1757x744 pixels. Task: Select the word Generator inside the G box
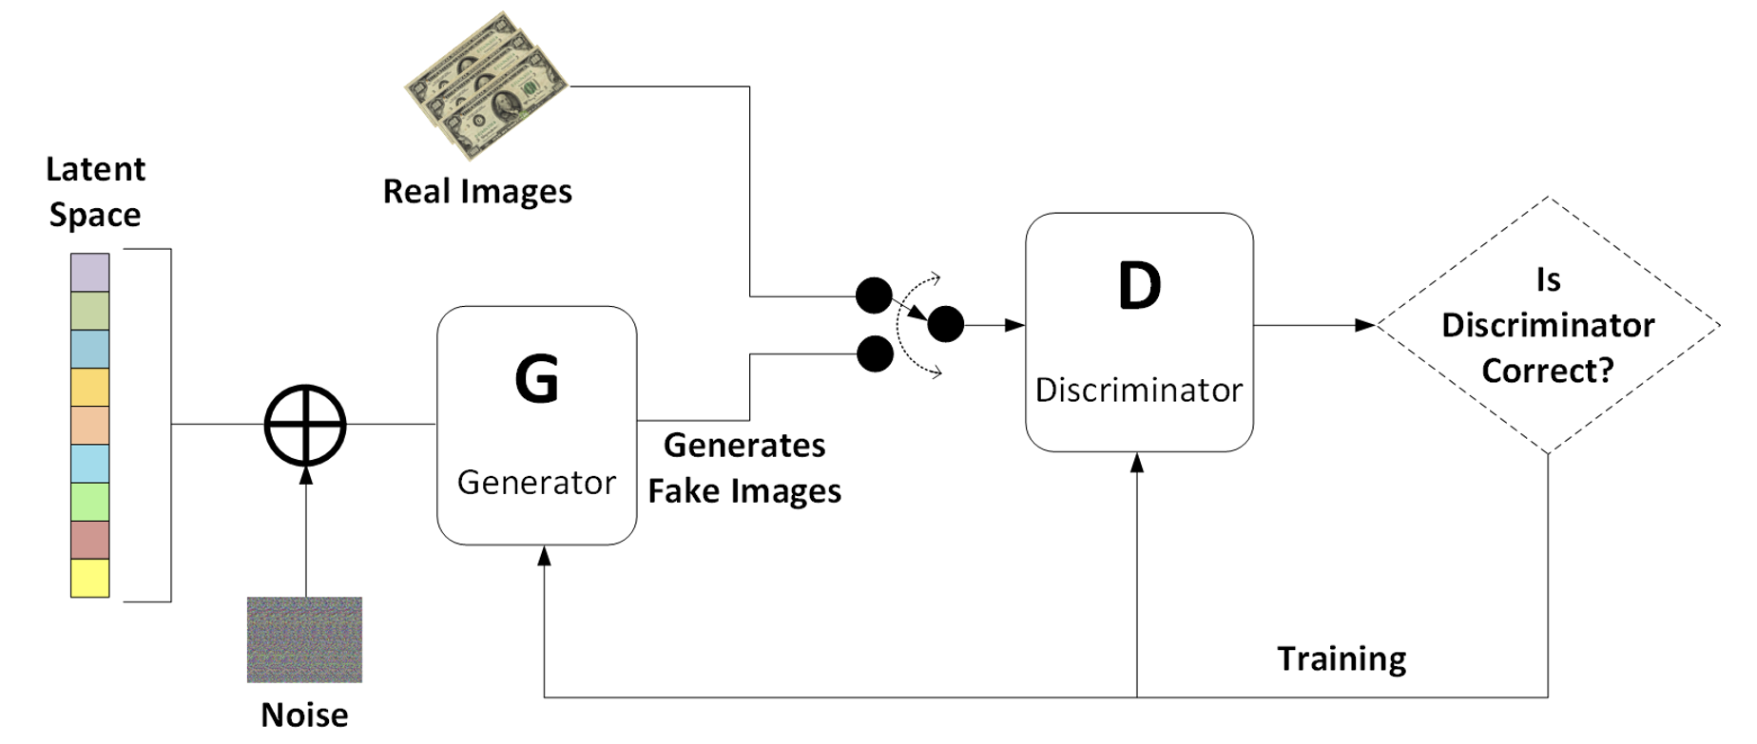point(536,483)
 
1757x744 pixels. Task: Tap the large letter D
point(1139,285)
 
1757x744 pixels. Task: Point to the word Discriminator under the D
point(1139,390)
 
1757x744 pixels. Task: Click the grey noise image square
point(304,639)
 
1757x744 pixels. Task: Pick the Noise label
point(304,715)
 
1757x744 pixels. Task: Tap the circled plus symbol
point(305,425)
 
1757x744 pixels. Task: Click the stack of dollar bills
point(486,86)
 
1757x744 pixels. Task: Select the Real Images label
point(477,192)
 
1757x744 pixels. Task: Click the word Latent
point(95,169)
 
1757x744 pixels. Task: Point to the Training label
point(1342,658)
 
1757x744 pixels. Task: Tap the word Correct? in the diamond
point(1548,371)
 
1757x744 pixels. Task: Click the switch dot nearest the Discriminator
point(945,325)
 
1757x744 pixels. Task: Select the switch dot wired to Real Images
point(874,296)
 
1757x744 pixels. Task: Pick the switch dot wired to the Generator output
point(875,354)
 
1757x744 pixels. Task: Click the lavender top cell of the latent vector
point(90,273)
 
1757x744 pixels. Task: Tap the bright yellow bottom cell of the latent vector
point(90,578)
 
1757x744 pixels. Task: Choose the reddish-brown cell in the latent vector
point(90,540)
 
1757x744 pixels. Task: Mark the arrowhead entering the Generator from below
point(544,557)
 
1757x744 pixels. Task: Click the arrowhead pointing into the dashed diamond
point(1365,325)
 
